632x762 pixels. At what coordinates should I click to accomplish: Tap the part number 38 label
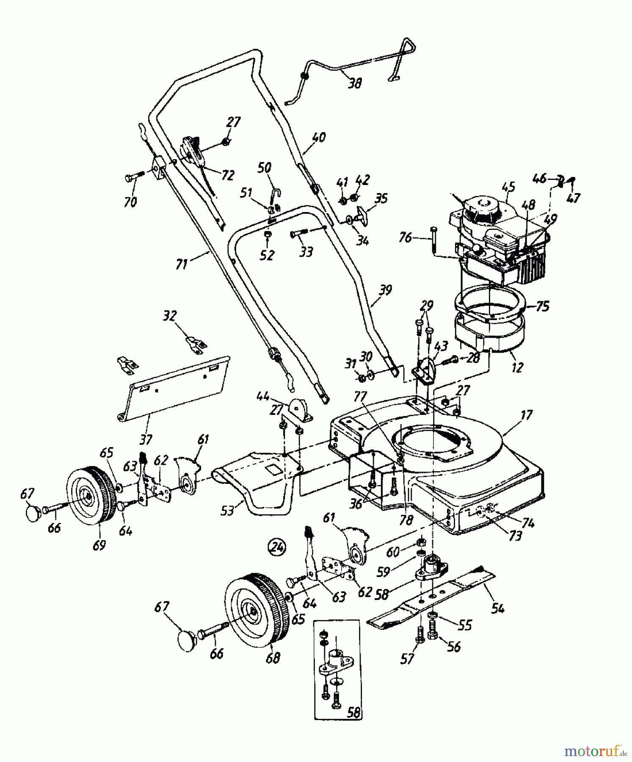click(355, 83)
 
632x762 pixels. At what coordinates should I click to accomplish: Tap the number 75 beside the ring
click(542, 306)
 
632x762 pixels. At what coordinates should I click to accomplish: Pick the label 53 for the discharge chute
click(228, 511)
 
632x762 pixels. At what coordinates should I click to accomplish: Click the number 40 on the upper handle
click(318, 137)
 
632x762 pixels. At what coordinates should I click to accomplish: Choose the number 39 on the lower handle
click(385, 290)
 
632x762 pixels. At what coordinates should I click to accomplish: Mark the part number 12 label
click(517, 367)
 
